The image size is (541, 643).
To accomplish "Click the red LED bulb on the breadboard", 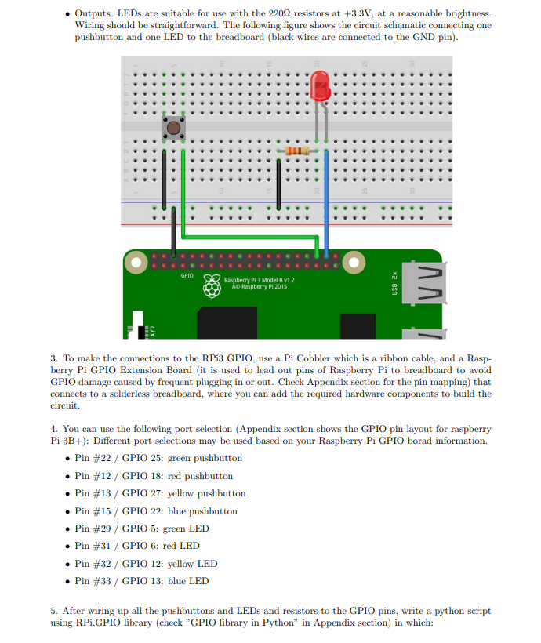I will point(320,85).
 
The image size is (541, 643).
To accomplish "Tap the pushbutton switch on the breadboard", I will point(173,125).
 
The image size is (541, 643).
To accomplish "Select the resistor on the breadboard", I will point(297,151).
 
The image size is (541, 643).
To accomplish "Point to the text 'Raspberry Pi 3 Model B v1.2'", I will point(259,280).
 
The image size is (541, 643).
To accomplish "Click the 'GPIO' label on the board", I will point(187,275).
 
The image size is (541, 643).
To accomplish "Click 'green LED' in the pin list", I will point(186,529).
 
